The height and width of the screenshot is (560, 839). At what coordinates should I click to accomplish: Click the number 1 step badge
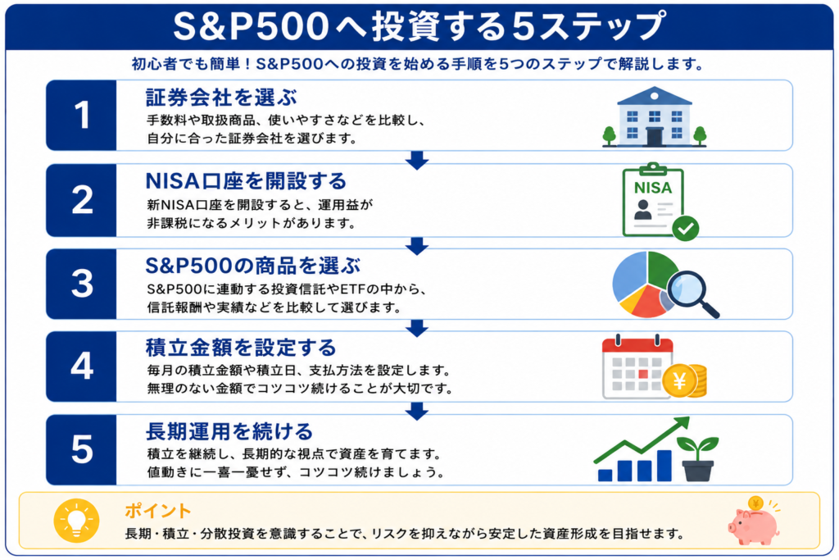[81, 115]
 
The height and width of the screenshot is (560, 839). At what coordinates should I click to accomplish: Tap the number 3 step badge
[81, 284]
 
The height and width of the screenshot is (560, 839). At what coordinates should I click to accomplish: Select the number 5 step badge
[81, 449]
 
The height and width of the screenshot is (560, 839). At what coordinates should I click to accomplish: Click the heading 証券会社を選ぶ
[221, 98]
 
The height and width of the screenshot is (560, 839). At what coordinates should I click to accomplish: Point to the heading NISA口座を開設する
[246, 181]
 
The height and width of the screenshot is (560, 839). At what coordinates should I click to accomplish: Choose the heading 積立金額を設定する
[241, 348]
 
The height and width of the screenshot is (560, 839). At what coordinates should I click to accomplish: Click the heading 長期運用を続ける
[229, 431]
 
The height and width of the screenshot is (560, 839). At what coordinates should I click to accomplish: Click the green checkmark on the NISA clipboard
[686, 228]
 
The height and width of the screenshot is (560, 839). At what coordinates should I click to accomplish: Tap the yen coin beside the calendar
[679, 381]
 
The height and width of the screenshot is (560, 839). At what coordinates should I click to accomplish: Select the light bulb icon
[76, 521]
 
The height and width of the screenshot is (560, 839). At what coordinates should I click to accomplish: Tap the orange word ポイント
[158, 511]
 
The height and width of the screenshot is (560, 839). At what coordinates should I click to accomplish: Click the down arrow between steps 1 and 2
[417, 160]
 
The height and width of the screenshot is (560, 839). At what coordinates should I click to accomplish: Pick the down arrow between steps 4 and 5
[417, 411]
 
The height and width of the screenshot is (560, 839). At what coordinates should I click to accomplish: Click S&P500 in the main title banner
[251, 26]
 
